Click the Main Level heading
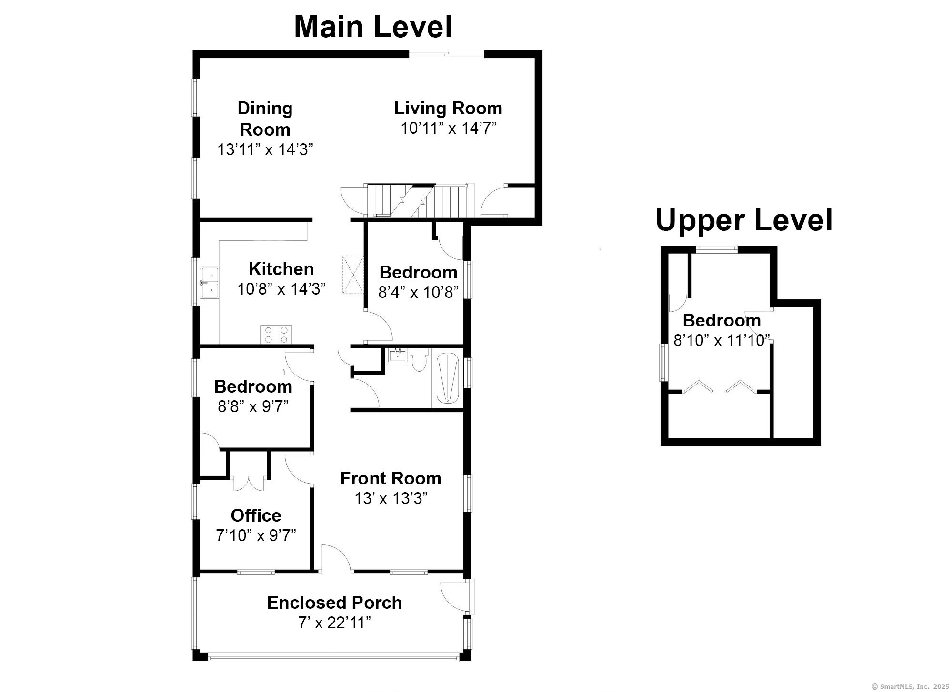tap(373, 27)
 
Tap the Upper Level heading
tap(744, 220)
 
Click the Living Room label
tap(448, 108)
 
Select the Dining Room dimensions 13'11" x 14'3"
tap(265, 149)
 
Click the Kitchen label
tap(281, 269)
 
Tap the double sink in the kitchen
tap(210, 283)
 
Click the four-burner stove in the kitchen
tap(276, 334)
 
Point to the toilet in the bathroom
tap(419, 360)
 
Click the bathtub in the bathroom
tap(448, 379)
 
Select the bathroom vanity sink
tap(397, 355)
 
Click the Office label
tap(256, 515)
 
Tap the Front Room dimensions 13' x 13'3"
tap(391, 498)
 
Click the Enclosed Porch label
tap(334, 603)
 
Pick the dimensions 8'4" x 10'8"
tap(418, 292)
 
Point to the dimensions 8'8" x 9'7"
tap(253, 406)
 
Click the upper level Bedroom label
tap(722, 320)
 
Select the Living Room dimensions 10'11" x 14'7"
tap(448, 128)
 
